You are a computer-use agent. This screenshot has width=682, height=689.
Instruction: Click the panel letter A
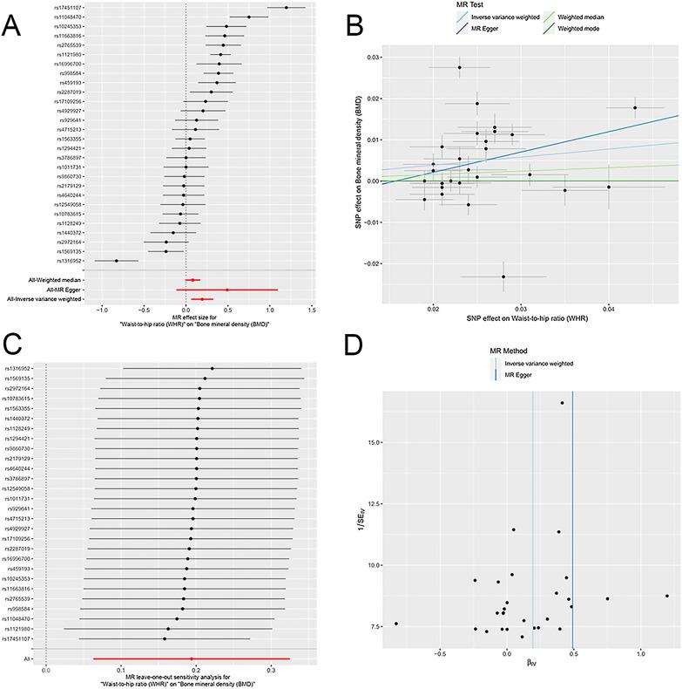(x=12, y=25)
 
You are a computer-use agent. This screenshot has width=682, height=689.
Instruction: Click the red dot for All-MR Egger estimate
(x=227, y=290)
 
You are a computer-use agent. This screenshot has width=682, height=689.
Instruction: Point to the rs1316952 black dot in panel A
(x=116, y=260)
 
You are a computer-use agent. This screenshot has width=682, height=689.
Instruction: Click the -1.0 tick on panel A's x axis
(x=103, y=309)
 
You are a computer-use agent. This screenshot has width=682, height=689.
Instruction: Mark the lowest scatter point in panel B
(x=503, y=276)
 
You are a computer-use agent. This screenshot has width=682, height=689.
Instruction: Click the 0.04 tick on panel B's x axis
(x=609, y=308)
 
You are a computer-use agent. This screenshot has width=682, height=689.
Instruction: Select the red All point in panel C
(x=192, y=659)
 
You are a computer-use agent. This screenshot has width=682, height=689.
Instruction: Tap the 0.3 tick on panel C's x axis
(x=271, y=672)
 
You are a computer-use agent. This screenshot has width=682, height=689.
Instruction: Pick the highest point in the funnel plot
(x=563, y=403)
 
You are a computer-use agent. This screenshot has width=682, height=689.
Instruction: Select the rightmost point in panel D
(x=667, y=596)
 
